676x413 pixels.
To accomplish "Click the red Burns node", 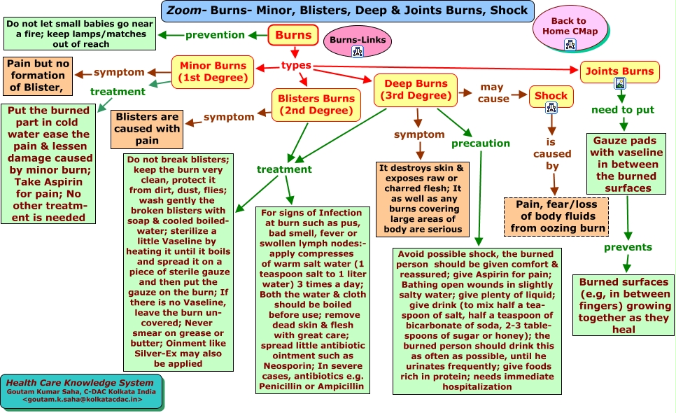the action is pos(293,35).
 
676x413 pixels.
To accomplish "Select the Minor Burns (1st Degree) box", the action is pos(213,72).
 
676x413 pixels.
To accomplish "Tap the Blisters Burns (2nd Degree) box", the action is pos(316,105).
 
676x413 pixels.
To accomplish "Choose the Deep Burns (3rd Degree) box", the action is pos(416,90).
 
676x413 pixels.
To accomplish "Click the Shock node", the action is pos(551,96).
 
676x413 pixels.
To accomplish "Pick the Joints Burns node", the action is pos(619,71).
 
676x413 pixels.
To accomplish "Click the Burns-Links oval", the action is pos(358,41).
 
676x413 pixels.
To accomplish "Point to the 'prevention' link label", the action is pos(215,35).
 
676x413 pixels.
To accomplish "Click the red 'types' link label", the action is pos(296,65).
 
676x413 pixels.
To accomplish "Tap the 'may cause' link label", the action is pos(493,92).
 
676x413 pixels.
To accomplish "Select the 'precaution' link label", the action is pos(481,143).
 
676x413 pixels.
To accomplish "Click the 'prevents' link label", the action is pos(628,247).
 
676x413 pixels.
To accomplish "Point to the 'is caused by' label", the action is pos(552,154).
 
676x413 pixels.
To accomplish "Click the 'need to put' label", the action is pos(623,110).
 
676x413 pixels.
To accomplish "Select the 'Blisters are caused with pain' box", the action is pos(147,129).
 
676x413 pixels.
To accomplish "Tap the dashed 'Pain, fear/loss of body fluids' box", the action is pos(556,216).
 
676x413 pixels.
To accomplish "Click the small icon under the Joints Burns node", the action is pos(619,83).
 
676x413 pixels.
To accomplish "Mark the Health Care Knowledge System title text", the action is pos(80,383).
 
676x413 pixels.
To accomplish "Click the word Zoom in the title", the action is pos(184,10).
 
